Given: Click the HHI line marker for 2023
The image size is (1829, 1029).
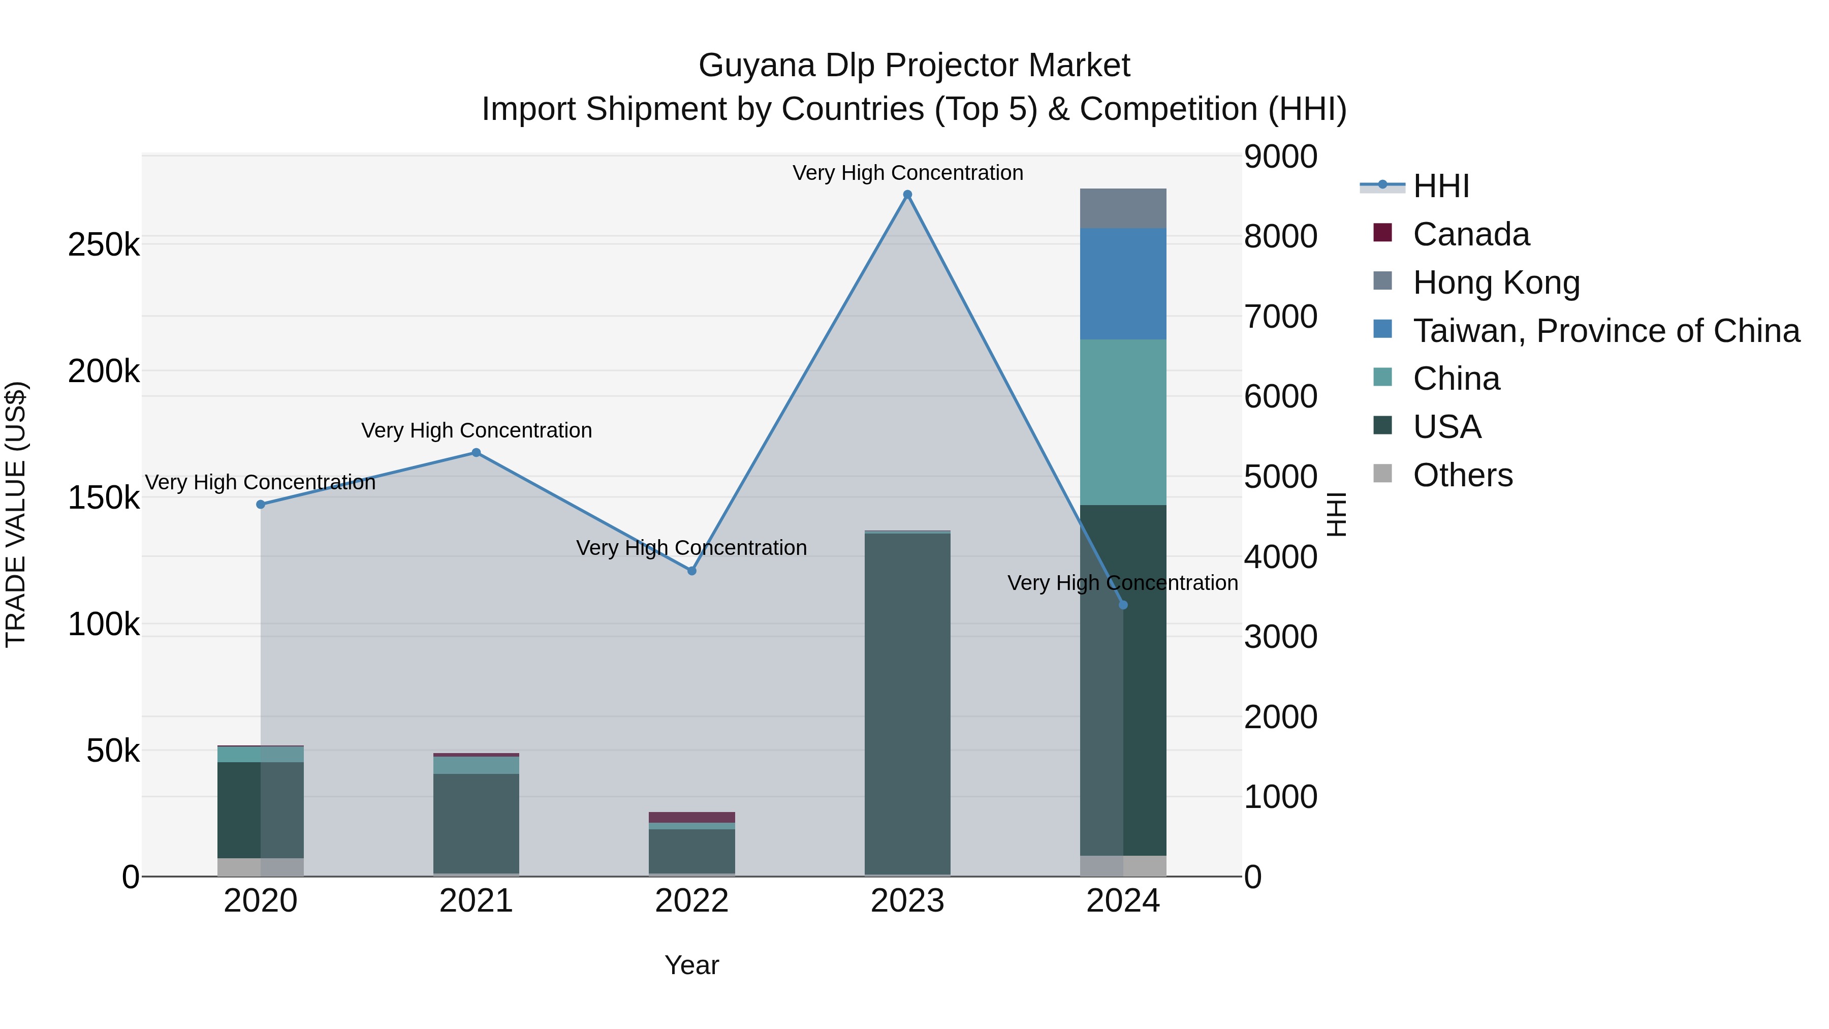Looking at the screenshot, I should coord(907,195).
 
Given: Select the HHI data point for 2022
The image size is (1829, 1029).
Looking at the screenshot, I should coord(691,571).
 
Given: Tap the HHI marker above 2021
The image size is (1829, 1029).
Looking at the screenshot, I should coord(477,452).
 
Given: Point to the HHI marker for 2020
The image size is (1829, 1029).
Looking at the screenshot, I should coord(261,504).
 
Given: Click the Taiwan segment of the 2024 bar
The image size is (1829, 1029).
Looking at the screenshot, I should coord(1122,284).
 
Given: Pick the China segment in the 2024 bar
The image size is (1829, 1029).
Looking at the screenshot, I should coord(1122,423).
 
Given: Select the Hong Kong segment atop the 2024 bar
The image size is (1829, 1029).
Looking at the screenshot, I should coord(1122,208).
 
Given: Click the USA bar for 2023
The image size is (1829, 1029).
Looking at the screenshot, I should coord(907,703).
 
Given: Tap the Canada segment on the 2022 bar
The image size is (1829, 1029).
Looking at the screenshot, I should coord(691,818).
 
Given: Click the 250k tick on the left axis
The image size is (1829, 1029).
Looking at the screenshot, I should coord(104,245).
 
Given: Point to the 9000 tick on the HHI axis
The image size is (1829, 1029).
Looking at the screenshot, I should coord(1280,157).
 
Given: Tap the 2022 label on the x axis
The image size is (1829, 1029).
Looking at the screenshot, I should coord(691,901).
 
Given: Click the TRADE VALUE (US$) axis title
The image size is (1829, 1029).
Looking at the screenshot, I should coord(16,514).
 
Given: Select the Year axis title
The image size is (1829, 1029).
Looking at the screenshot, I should coord(691,965).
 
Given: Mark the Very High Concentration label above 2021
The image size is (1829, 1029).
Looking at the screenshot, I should coord(477,430).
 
